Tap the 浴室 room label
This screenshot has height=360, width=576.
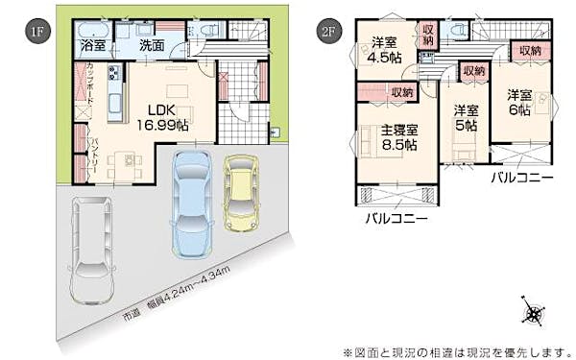pos(93,45)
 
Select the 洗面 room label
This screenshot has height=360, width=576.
pos(152,45)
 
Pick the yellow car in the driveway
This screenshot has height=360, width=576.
pos(239,194)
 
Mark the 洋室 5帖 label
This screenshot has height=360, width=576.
pos(467,116)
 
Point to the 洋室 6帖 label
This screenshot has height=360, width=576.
pos(519,102)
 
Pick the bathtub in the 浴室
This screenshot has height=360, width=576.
pos(92,28)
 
